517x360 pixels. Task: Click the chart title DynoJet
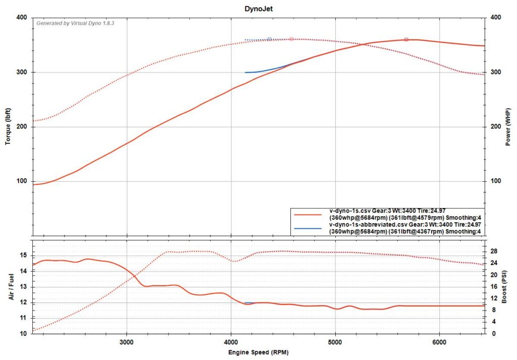258,9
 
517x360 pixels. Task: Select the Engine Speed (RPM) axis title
258,351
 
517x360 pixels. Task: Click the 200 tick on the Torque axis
22,127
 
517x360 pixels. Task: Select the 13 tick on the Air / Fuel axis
24,287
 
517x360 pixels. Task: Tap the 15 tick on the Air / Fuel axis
24,255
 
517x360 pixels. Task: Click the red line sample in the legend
307,214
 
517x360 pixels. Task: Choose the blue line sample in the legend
307,228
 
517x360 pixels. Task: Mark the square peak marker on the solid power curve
406,39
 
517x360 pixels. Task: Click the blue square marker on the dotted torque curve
269,39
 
